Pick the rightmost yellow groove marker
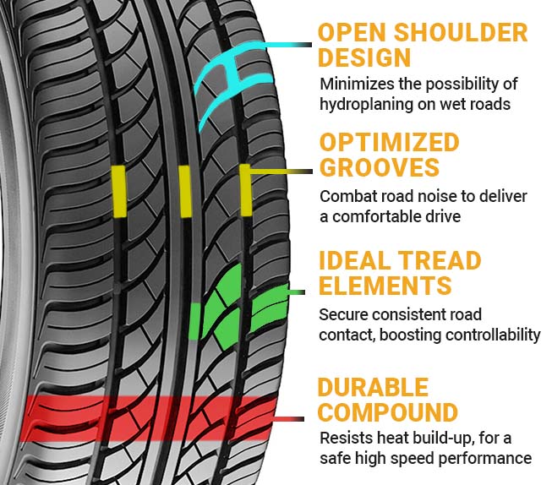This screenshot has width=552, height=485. coord(245,190)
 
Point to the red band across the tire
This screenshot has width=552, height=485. coord(152,415)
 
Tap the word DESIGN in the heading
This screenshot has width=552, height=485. coord(364,59)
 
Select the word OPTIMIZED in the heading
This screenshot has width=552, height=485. coord(389,142)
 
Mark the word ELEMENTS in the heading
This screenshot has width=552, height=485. coord(385,286)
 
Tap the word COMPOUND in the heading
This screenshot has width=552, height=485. coord(388,413)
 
